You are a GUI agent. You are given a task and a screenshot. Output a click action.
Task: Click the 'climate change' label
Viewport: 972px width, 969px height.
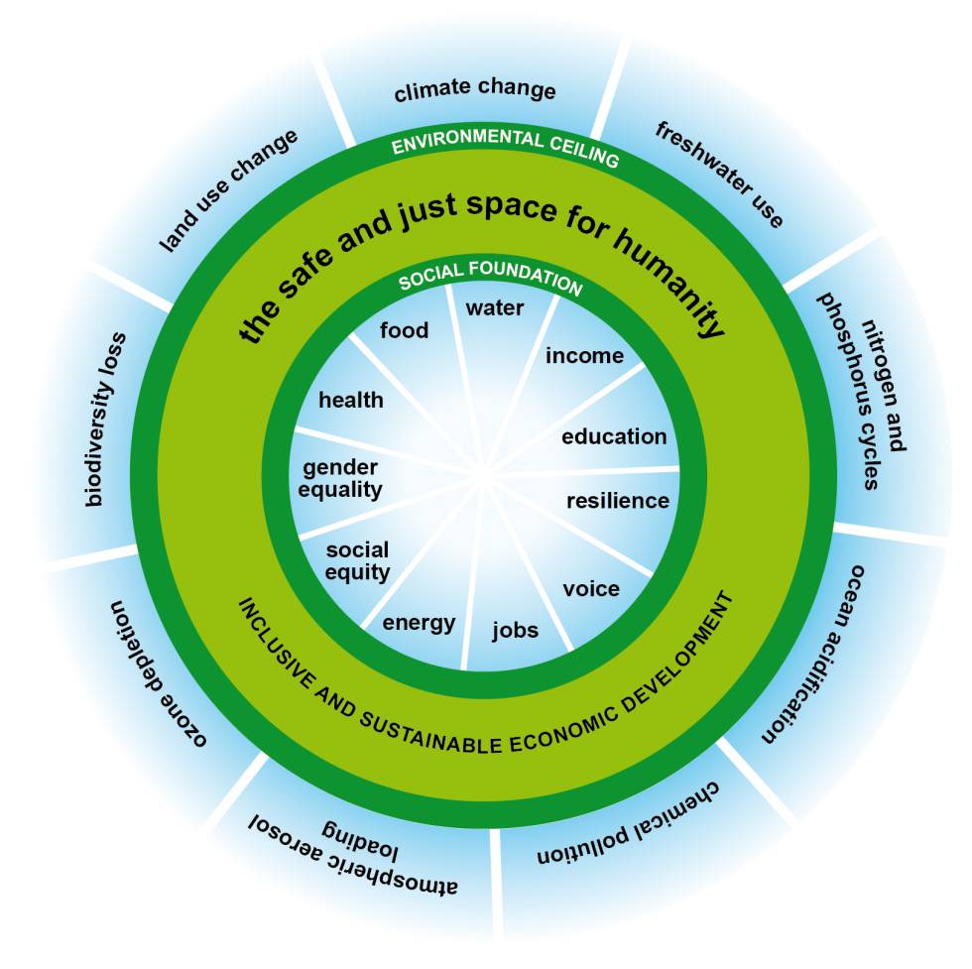coord(474,91)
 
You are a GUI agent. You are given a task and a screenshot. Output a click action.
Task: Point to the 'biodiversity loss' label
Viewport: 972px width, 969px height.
coord(107,418)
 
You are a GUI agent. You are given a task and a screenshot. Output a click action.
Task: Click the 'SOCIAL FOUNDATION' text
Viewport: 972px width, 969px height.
coord(490,282)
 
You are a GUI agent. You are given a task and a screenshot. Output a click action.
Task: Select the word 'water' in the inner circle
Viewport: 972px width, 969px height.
coord(495,307)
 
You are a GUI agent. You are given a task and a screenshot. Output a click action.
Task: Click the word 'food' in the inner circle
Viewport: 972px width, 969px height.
coord(405,330)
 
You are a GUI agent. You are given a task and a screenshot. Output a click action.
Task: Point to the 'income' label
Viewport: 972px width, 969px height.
coord(584,355)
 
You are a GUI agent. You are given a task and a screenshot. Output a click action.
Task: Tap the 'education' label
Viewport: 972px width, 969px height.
coord(614,436)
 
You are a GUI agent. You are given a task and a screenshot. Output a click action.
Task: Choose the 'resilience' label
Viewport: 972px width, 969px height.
coord(617,501)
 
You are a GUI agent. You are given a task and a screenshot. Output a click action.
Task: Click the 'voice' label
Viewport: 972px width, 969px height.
coord(591,589)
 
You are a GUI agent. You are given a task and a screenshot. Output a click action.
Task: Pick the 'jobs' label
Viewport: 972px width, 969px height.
coord(516,630)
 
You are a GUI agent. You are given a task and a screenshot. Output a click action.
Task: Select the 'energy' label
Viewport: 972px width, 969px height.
coord(419,623)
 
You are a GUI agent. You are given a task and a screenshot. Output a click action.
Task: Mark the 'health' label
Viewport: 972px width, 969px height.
coord(350,400)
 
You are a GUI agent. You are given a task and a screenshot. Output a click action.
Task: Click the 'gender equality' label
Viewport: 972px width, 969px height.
coord(342,478)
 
